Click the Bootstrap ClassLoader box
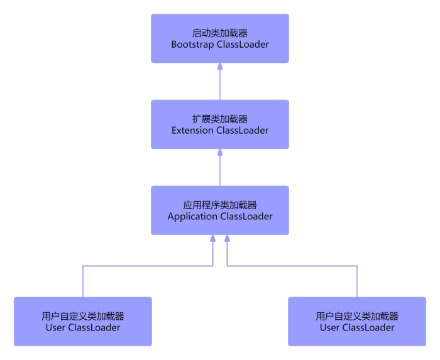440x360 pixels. [x=220, y=38]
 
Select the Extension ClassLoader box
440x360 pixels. [x=220, y=124]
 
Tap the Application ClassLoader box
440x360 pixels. [x=220, y=210]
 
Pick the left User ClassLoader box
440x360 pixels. [x=83, y=322]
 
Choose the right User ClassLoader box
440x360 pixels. [x=357, y=322]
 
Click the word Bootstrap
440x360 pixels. [x=192, y=45]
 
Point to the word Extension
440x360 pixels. [x=192, y=131]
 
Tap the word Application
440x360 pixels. [x=192, y=217]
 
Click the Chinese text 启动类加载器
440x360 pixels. [x=220, y=33]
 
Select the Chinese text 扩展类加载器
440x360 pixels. [x=220, y=119]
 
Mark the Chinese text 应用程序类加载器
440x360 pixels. [x=220, y=205]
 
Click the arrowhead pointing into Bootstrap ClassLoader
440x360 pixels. [x=220, y=66]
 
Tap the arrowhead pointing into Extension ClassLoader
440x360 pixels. [x=220, y=152]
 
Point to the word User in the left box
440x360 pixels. [x=55, y=327]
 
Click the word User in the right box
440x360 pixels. [x=329, y=327]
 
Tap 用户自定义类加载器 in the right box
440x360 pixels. [x=357, y=316]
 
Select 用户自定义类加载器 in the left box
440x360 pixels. [x=83, y=316]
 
